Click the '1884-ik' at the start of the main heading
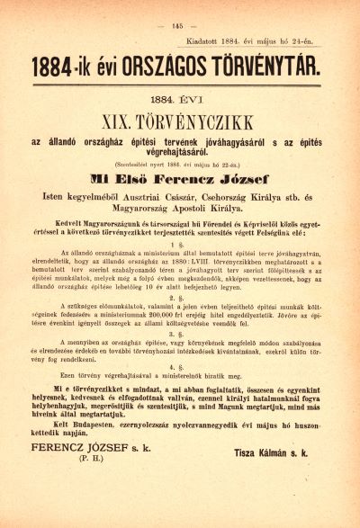[x=67, y=67]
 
